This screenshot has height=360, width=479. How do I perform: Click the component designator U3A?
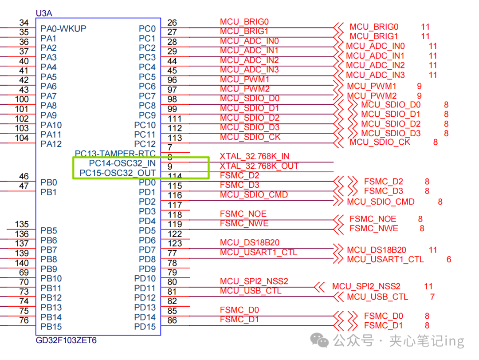click(x=44, y=13)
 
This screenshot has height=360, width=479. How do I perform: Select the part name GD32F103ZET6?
click(x=66, y=340)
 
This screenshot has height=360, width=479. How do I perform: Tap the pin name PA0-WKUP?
click(x=63, y=28)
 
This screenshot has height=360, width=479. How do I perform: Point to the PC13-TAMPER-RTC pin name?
click(x=115, y=153)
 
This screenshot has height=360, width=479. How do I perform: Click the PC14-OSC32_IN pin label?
click(x=122, y=163)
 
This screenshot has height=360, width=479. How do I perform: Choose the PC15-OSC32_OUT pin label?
click(x=118, y=173)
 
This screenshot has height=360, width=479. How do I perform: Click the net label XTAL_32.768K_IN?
click(x=255, y=156)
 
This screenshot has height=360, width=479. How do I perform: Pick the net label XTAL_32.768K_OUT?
click(x=259, y=166)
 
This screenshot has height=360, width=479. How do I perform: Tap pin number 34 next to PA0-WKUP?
click(x=24, y=23)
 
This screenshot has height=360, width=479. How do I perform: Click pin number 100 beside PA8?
click(x=22, y=99)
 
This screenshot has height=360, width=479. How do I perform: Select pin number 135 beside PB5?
click(x=22, y=224)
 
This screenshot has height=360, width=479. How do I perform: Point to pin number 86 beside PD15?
click(x=172, y=320)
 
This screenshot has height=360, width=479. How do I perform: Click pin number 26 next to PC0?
click(x=172, y=23)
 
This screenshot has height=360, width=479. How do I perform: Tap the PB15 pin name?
click(x=51, y=327)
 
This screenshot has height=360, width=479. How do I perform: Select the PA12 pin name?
click(x=51, y=144)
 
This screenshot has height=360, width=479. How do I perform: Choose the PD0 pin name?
click(x=147, y=182)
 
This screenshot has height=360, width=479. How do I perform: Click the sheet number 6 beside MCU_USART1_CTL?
click(x=449, y=259)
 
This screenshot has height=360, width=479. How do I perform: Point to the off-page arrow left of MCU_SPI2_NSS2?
click(x=319, y=287)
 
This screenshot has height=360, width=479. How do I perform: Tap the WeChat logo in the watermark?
click(x=319, y=340)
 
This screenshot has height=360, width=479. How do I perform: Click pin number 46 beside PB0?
click(x=24, y=177)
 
